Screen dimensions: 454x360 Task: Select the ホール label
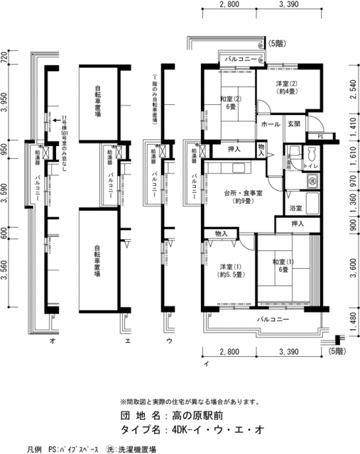[x=270, y=124]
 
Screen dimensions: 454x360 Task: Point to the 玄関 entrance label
[x=294, y=124]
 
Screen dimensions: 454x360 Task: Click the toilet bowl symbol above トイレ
[x=311, y=153]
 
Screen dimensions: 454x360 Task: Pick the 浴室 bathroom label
[x=296, y=209]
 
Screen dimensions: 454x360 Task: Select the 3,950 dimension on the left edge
[x=5, y=102]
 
